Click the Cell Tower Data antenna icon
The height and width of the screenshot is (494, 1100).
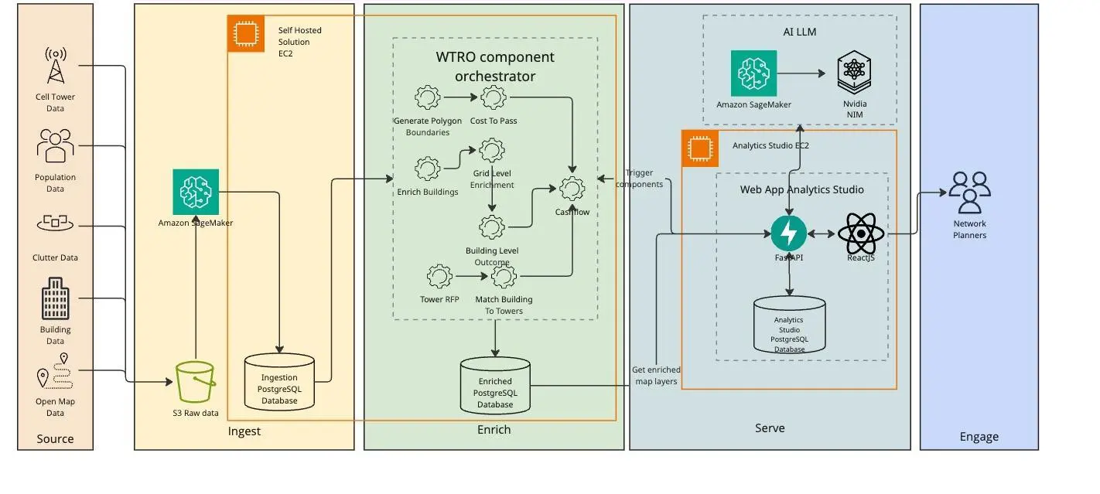click(x=55, y=66)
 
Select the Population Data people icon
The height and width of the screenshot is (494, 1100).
click(x=55, y=146)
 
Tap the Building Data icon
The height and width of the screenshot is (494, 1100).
click(x=55, y=298)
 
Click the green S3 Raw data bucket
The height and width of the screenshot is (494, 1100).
click(x=195, y=382)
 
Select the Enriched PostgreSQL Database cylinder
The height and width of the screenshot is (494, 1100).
click(x=494, y=384)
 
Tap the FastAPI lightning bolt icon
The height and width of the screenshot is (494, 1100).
click(x=789, y=233)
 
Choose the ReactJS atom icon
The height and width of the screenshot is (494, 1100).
click(x=860, y=233)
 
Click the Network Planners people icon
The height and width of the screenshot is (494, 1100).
click(x=969, y=192)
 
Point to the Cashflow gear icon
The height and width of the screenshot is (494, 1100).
click(x=572, y=189)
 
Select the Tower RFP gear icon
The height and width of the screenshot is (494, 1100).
click(x=439, y=276)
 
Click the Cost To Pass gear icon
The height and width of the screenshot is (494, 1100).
click(x=494, y=97)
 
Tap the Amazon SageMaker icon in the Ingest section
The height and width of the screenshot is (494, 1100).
click(x=196, y=192)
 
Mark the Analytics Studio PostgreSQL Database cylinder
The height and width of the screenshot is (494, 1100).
click(x=789, y=325)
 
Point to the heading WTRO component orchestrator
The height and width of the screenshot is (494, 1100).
click(x=495, y=66)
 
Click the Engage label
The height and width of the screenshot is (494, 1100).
click(x=979, y=437)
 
